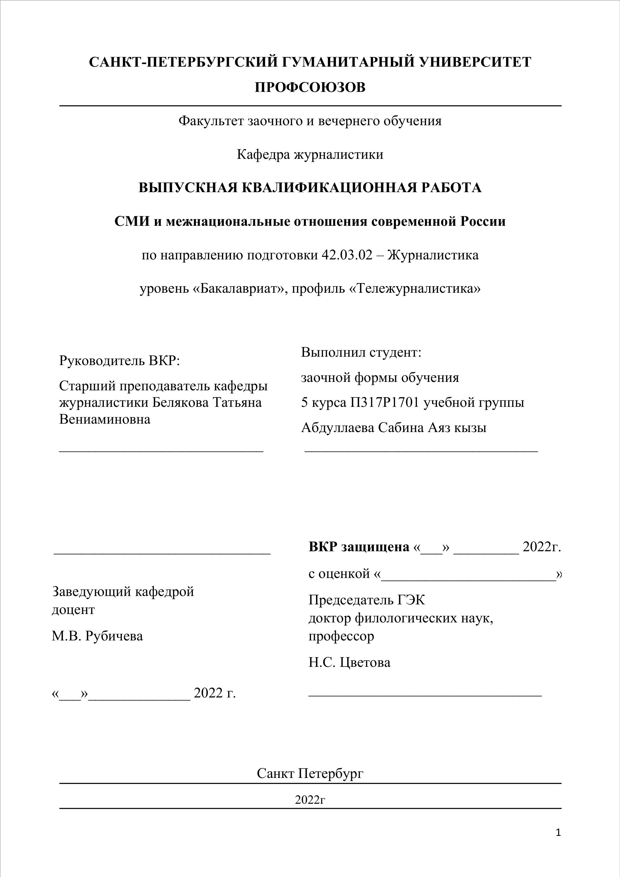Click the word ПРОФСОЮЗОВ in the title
coord(310,87)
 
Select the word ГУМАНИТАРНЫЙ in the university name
coord(344,62)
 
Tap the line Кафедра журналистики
coord(310,155)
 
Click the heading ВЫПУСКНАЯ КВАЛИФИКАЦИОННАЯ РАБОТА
coord(310,188)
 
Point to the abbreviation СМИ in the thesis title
coord(132,222)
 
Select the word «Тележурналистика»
coord(415,289)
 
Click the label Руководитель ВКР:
coord(119,360)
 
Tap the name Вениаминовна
coord(105,419)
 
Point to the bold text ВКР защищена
coord(359,547)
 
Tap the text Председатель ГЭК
coord(366,600)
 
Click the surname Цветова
coord(365,662)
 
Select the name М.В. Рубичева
coord(97,636)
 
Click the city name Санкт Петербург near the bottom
coord(310,773)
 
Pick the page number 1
coord(558,832)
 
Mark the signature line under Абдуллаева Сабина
coord(421,451)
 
